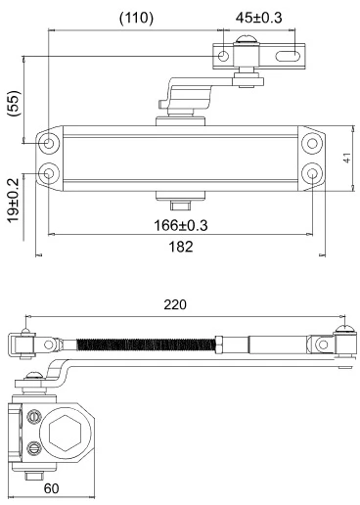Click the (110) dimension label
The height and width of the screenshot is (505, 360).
[136, 19]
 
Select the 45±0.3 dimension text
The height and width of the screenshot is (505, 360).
[258, 18]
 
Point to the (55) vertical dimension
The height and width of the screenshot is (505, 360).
[15, 104]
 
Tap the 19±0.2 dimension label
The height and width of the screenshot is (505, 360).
[14, 201]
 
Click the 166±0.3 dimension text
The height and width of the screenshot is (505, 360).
[181, 225]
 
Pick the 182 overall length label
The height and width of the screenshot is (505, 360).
[181, 247]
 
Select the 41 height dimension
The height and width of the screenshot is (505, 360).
[347, 158]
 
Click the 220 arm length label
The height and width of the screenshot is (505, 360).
[175, 304]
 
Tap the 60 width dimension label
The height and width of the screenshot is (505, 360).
[52, 488]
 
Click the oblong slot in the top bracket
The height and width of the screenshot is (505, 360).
[288, 56]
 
